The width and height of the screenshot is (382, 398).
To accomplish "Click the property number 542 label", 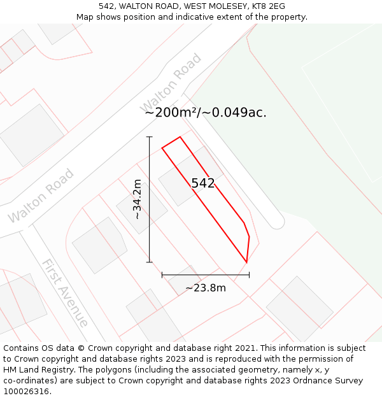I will [203, 183].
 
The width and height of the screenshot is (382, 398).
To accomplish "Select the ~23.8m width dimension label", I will [206, 287].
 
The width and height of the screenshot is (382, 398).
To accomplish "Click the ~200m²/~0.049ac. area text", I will [206, 113].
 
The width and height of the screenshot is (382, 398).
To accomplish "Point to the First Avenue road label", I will [64, 292].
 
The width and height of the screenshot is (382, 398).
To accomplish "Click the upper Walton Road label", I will [171, 82].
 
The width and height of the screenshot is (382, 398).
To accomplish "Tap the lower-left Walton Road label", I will [41, 196].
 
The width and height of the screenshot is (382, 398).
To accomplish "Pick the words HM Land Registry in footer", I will [34, 369].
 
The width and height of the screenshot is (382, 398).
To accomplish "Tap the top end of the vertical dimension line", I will [150, 137].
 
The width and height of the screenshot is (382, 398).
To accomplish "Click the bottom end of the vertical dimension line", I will [150, 262].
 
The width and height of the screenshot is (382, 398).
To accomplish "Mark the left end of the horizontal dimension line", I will [162, 275].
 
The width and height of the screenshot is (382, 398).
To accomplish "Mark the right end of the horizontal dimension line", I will [249, 275].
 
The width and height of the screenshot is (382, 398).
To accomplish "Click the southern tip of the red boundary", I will [246, 262].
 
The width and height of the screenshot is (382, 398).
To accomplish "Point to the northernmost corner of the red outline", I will [180, 137].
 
